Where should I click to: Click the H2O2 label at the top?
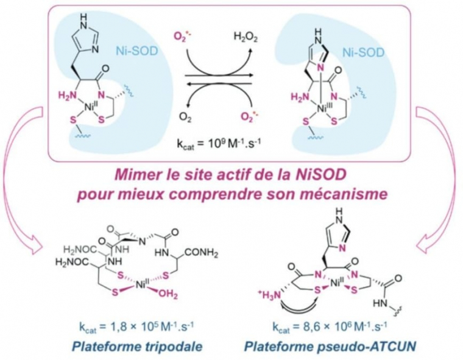tap(244, 38)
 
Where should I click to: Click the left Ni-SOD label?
tap(133, 53)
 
